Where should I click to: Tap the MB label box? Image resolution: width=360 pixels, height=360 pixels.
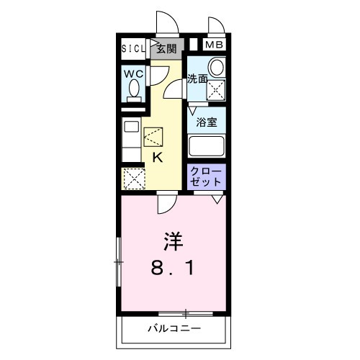pos(214,45)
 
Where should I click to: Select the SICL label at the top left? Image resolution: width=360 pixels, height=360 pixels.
pos(133,50)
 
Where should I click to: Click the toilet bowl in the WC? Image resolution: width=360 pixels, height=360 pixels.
pos(133,89)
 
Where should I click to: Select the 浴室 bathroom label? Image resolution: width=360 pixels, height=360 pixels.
pos(207,122)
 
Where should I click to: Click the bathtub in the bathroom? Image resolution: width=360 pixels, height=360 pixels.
pos(207,145)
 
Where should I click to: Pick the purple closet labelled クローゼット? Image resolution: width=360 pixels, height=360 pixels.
pos(207,177)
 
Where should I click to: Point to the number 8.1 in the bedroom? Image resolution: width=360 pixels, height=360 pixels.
pos(172,269)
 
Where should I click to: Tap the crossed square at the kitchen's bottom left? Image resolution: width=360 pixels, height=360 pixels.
pos(134,177)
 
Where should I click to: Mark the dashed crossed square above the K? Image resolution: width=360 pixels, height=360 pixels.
pos(154,136)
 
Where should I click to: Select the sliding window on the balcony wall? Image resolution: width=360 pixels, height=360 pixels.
pos(186,313)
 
